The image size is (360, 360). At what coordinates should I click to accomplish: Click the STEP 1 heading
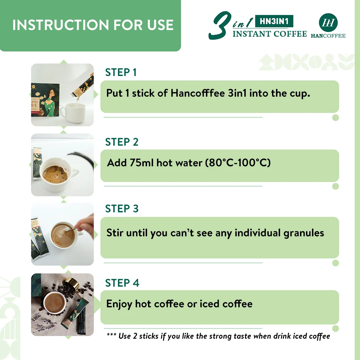121,72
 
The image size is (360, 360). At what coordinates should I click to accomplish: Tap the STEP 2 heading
122,142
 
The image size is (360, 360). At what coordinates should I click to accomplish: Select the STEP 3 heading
122,209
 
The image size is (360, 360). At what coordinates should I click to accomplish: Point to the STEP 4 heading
122,283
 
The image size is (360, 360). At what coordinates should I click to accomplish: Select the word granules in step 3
304,233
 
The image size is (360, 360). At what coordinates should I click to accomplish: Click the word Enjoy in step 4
119,304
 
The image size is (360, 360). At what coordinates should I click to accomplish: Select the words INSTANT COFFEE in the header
269,34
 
